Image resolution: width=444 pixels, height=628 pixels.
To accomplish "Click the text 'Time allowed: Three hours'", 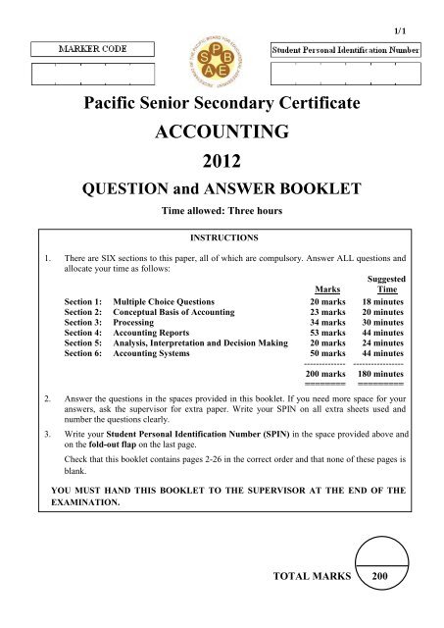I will pos(222,211).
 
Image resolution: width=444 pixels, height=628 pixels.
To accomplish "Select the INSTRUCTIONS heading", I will pos(222,236).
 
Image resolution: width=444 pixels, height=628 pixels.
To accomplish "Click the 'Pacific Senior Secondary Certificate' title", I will pos(222,101).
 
